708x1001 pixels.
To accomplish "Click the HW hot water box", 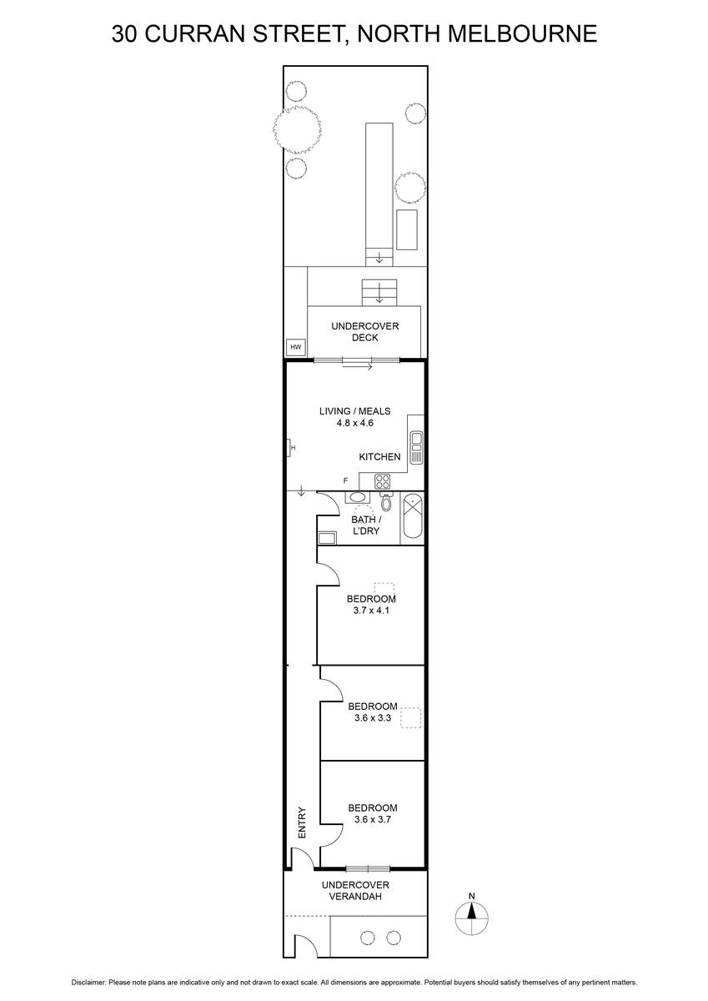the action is click(x=296, y=347).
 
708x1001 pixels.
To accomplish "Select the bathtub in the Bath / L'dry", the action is click(x=412, y=517).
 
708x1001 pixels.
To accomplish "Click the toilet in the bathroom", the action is click(x=386, y=501).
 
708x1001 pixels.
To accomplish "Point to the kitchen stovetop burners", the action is click(x=383, y=481).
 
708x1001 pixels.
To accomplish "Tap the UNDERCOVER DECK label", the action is click(x=365, y=332).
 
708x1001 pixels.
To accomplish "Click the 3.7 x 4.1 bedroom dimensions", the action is click(x=371, y=611).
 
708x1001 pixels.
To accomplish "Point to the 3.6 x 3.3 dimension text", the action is click(x=373, y=718).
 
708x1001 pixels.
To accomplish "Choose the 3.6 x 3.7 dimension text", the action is click(x=373, y=819).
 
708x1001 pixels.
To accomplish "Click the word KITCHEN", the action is click(x=379, y=457).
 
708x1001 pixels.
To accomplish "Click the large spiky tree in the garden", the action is click(x=297, y=129).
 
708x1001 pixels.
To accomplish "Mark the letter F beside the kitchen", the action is click(x=345, y=480).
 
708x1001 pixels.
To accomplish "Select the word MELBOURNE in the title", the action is click(x=523, y=33).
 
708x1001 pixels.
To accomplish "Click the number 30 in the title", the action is click(x=124, y=33).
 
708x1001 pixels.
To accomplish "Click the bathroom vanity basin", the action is click(x=358, y=497).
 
